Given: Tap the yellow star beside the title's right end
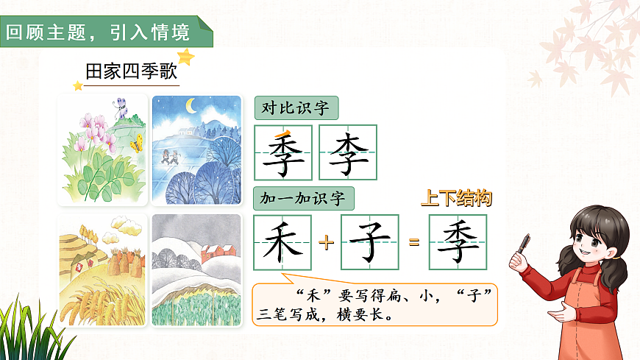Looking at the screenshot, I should (187, 57).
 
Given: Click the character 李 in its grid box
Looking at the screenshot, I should (348, 152).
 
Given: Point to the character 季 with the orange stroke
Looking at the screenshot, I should (283, 152).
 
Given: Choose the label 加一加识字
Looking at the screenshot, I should (303, 198).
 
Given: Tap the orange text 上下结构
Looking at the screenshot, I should (456, 198).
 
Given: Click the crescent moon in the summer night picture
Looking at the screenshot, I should (192, 107).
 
